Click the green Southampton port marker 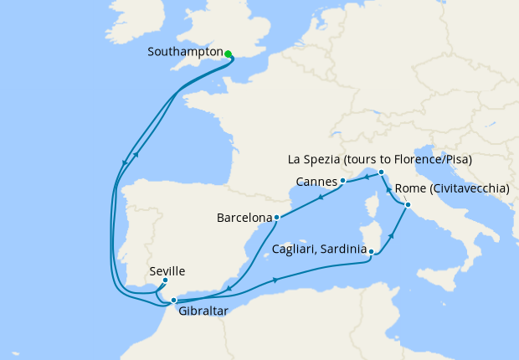coord(228,54)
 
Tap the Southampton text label coord(184,52)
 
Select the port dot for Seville coord(165,280)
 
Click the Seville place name coord(167,271)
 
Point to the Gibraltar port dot coord(173,300)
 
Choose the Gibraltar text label coord(203,311)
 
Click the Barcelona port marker coord(276,218)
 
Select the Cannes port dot coord(343,181)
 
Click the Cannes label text coord(316,182)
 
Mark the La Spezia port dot coord(381,172)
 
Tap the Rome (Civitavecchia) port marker coord(408,205)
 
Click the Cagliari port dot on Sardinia coord(371,249)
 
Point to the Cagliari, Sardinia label coord(319,249)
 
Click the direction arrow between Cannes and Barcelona coord(321,198)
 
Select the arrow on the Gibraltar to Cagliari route coord(275,280)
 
